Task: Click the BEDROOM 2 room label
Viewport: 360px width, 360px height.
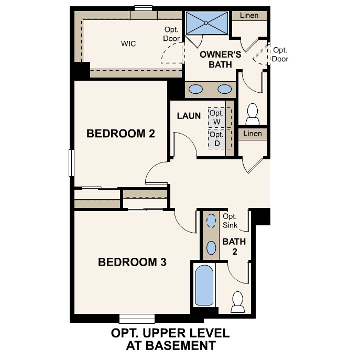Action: click(121, 133)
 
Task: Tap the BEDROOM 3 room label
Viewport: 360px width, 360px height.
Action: click(132, 262)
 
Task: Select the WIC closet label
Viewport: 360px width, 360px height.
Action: click(128, 43)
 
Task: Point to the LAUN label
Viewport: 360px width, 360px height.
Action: click(189, 116)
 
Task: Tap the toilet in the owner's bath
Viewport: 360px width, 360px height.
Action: click(253, 113)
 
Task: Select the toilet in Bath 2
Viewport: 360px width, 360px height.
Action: click(237, 301)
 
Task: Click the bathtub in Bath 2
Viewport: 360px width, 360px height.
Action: click(205, 286)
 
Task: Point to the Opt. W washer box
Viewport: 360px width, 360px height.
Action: click(216, 118)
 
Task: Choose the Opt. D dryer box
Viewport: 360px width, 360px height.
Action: click(216, 139)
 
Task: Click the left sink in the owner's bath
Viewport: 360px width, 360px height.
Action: click(195, 89)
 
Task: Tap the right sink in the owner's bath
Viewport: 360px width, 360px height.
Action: click(224, 89)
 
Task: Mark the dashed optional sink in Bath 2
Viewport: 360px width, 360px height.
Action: click(211, 221)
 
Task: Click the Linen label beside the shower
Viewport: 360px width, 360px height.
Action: click(249, 15)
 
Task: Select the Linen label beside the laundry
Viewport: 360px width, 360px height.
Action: click(253, 134)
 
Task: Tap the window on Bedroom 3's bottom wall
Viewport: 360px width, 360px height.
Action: click(137, 318)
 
